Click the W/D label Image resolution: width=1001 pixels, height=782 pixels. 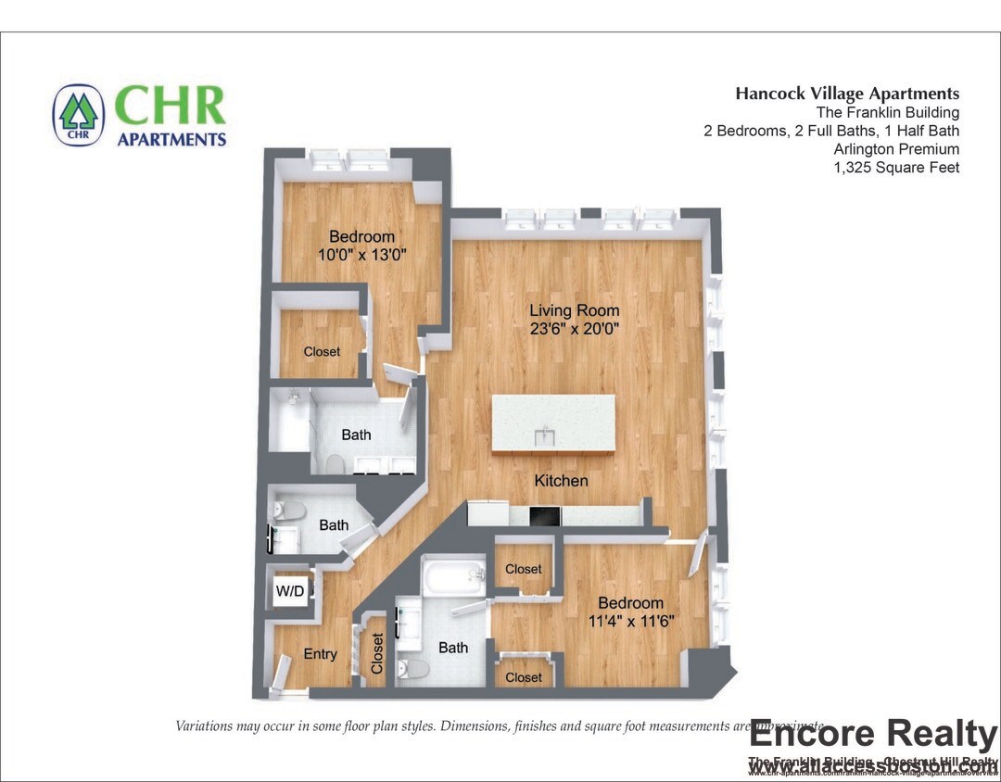pos(290,591)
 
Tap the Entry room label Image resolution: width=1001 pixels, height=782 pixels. pos(321,654)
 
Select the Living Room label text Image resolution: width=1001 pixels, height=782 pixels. pos(575,310)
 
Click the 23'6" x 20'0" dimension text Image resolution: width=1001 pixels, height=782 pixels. pos(575,328)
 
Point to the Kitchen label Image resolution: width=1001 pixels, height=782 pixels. pos(561,480)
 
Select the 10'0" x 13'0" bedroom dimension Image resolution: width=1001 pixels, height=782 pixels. pos(361,254)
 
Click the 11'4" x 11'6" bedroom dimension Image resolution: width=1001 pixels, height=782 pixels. pos(629,621)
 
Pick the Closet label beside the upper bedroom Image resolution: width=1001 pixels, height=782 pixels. pos(322,352)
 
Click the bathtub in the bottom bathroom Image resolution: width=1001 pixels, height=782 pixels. pos(453,579)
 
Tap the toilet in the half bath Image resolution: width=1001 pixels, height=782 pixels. pos(290,510)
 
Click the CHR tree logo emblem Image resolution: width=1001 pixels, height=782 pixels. pos(79,116)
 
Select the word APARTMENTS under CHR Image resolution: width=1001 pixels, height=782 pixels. pos(171,140)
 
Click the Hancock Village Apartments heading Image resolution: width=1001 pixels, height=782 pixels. pos(847,94)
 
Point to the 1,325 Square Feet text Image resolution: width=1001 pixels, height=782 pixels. pos(896,168)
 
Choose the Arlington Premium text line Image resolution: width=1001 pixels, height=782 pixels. pos(896,149)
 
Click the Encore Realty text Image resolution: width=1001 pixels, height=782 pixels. pos(872,735)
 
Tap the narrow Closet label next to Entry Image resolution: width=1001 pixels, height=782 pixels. pos(378,653)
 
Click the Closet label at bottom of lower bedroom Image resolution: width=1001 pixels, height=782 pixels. pos(524,677)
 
